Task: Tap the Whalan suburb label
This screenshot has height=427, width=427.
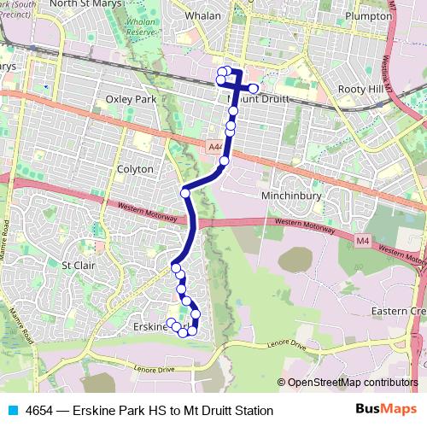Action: [203, 16]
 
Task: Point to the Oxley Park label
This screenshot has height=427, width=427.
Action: [131, 99]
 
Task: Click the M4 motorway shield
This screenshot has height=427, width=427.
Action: [363, 242]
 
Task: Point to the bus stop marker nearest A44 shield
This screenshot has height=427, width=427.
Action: [224, 161]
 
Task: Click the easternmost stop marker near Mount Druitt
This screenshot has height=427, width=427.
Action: [254, 88]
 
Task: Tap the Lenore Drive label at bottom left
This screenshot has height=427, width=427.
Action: [155, 370]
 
